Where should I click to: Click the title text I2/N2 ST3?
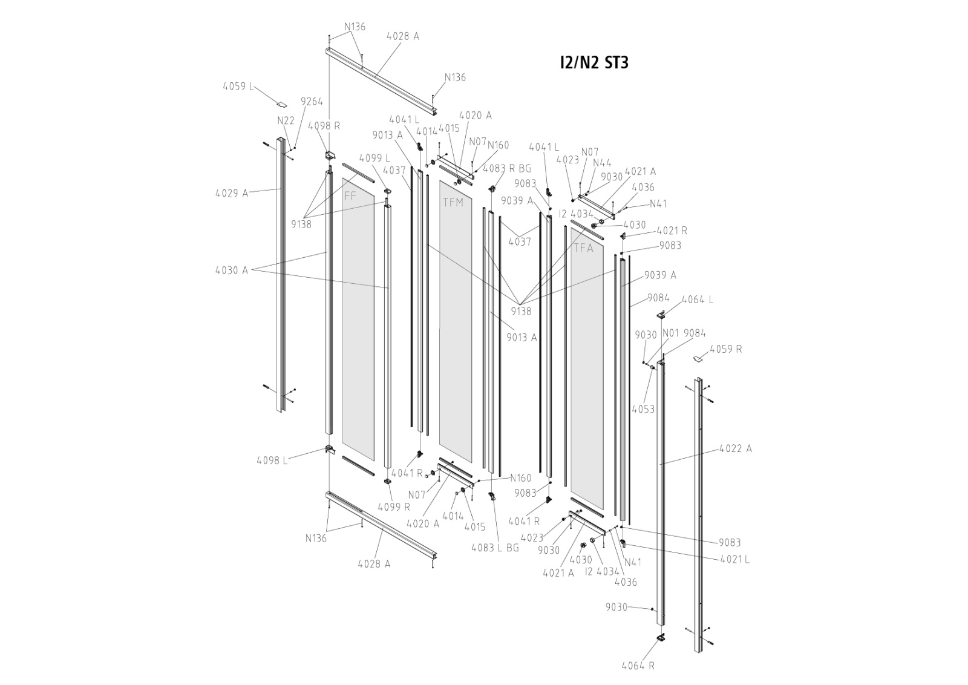[594, 62]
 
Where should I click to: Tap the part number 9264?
[312, 102]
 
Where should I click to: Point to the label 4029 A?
[232, 194]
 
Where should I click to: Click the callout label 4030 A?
[232, 270]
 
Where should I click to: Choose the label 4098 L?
[272, 460]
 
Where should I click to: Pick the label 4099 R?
[393, 507]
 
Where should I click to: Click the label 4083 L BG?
[495, 548]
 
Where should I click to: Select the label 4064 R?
[638, 666]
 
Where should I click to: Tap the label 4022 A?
[736, 449]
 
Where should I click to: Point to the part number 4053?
[643, 410]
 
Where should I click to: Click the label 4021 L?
[734, 560]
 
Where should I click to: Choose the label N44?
[602, 163]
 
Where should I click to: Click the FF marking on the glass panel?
[350, 196]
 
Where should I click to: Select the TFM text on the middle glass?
[453, 203]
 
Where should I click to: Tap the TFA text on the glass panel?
[583, 248]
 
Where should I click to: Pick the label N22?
[286, 121]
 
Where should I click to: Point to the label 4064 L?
[697, 300]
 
